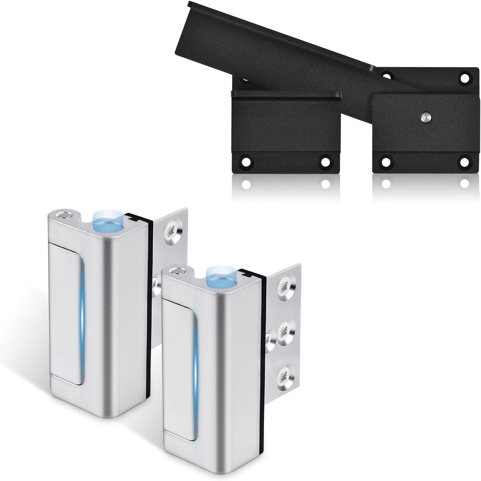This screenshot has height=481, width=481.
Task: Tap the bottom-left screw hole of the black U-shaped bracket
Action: (x=245, y=162)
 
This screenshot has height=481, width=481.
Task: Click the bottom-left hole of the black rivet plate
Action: (x=386, y=162)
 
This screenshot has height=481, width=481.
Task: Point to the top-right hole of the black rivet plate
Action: (x=465, y=78)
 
